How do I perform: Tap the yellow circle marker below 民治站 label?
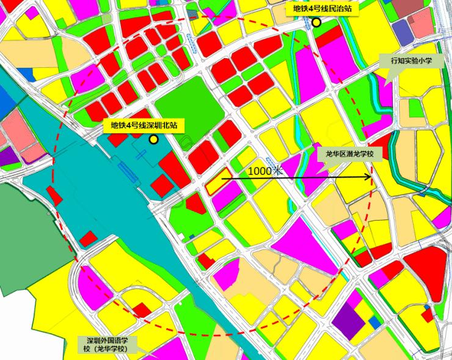click(316, 23)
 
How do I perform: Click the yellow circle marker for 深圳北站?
click(153, 139)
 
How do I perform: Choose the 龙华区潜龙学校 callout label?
click(350, 155)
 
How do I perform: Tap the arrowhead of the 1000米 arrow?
click(370, 178)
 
